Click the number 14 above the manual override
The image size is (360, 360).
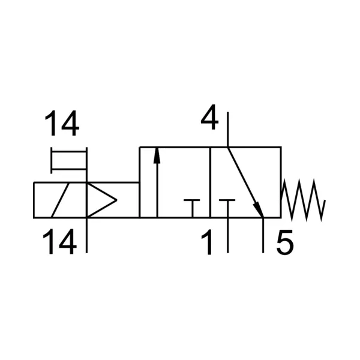click(x=62, y=124)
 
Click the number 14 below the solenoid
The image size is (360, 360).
click(x=59, y=242)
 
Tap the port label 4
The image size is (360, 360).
click(x=209, y=117)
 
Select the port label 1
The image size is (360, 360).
click(x=207, y=242)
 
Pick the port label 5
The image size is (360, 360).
click(x=285, y=242)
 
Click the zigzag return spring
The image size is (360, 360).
click(x=303, y=200)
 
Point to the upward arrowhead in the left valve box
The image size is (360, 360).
click(x=157, y=155)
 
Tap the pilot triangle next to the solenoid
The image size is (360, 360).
click(x=101, y=200)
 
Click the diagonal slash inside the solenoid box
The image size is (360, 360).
click(x=60, y=200)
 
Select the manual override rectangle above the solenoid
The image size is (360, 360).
click(x=69, y=160)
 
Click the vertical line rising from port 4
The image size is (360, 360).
click(x=228, y=129)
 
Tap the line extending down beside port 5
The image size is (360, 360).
click(x=263, y=235)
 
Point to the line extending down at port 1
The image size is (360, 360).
click(x=227, y=235)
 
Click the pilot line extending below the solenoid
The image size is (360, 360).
click(x=86, y=235)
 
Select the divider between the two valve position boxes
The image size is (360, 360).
click(x=210, y=182)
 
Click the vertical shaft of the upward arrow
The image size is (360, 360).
click(x=157, y=190)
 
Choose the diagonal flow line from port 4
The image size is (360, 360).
click(x=245, y=182)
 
